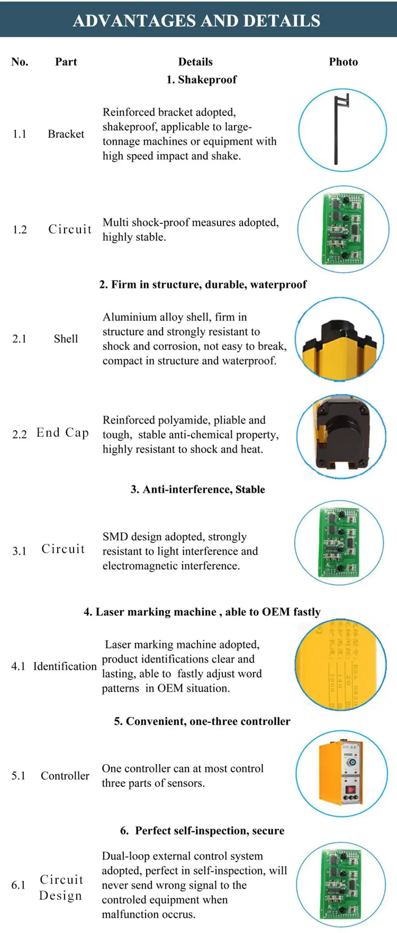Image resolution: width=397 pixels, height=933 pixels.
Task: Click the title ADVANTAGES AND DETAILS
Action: (197, 21)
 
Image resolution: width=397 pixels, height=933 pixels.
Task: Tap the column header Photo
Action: (343, 62)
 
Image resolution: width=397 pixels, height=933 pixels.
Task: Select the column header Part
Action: (66, 62)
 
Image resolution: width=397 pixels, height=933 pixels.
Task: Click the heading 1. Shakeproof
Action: (201, 80)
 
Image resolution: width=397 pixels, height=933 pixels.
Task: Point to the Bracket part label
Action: (66, 134)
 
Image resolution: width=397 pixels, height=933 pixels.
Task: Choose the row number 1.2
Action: (19, 230)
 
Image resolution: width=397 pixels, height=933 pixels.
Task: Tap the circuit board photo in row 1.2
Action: (343, 229)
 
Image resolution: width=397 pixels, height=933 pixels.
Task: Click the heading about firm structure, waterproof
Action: (203, 285)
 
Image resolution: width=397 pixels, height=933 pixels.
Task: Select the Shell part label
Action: (66, 339)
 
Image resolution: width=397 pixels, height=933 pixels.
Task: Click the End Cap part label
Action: (62, 433)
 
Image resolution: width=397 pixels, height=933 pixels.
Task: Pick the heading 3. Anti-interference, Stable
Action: (198, 489)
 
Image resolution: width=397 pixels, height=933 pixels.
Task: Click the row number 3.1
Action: (19, 551)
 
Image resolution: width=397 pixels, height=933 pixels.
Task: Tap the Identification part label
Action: (65, 666)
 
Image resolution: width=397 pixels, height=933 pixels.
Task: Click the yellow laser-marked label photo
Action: (341, 665)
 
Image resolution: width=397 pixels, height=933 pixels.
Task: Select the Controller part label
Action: (65, 776)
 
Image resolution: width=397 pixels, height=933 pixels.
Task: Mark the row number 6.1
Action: (18, 885)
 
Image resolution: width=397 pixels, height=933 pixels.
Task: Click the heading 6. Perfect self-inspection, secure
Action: (202, 831)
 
